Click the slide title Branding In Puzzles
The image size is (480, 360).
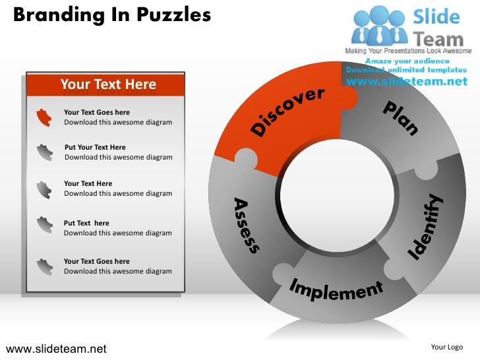[111, 15]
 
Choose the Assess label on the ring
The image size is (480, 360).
[245, 225]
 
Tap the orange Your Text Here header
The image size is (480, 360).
[108, 84]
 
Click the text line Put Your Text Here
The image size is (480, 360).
[95, 147]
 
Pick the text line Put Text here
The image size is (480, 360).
[86, 223]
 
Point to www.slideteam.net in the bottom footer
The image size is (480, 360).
[55, 348]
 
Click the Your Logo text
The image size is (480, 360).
[446, 347]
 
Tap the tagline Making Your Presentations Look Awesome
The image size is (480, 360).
[409, 51]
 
